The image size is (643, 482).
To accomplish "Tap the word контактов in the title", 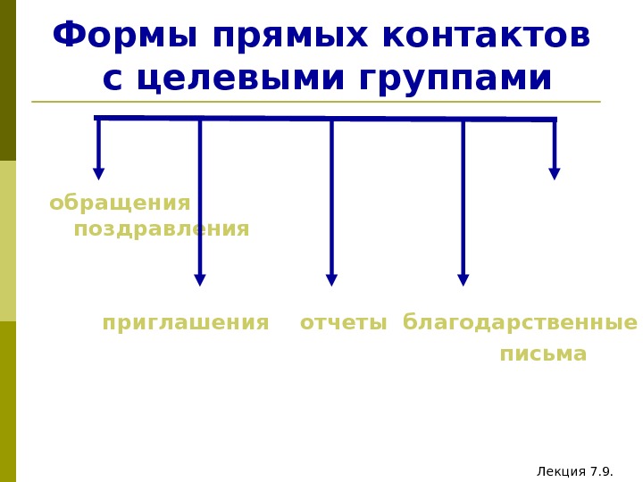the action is point(486,37).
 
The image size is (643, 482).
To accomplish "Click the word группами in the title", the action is point(455,79).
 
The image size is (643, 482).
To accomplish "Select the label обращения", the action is point(120,204).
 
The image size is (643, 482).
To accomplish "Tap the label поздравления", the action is point(162,229).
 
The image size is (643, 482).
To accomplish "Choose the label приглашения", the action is point(186,323).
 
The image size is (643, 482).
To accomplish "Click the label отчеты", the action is point(343,323).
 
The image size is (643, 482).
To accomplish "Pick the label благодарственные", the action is point(520,323).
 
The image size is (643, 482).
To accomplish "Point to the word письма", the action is point(543,354).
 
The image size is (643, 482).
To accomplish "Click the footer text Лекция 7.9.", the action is point(575,471).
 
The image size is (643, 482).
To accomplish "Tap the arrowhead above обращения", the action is point(99,173).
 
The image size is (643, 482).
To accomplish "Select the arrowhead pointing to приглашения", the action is point(200,279).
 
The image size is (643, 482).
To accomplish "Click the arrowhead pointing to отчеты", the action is point(331,279).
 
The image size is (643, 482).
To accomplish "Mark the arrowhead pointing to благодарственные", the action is point(463,279).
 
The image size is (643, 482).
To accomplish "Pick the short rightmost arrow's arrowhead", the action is point(555,173).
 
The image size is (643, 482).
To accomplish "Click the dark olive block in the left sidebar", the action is point(8,80).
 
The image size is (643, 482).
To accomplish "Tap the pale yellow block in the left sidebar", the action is point(8,241).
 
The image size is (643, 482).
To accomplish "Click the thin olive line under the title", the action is point(316,102).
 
